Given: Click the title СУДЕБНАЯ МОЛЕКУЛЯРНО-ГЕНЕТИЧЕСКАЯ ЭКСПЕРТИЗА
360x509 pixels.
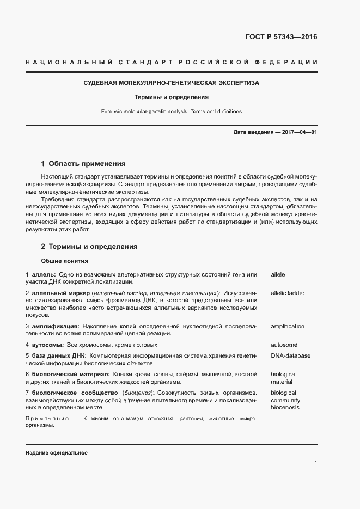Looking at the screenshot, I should point(172,83).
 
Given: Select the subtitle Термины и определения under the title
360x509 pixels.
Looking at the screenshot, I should point(172,97).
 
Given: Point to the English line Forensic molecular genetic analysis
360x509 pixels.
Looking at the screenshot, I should point(172,111).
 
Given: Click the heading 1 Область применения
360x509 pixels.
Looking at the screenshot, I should point(83,163).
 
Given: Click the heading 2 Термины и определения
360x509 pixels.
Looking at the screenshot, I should point(89,247).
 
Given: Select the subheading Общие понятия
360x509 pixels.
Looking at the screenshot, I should point(64,261).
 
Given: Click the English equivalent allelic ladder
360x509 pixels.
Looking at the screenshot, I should point(288,293).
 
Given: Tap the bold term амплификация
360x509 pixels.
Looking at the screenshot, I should point(56,326).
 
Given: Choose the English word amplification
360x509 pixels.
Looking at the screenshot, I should point(288,326).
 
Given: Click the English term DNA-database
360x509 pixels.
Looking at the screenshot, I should point(290,355).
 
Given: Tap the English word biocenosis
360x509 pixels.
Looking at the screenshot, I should point(285,407).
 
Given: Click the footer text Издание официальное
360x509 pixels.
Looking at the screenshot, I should point(56,453).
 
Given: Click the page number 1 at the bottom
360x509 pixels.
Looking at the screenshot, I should point(315,463).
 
